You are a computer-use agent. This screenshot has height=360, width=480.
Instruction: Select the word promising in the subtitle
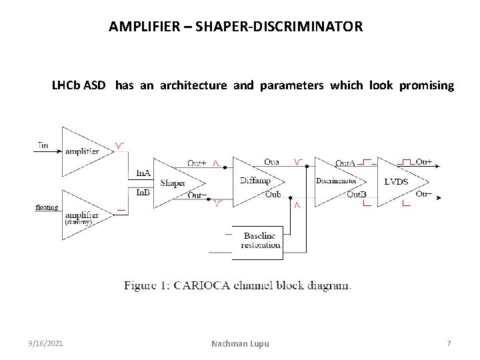pyautogui.click(x=427, y=86)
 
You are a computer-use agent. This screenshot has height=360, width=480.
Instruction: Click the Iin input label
pyautogui.click(x=43, y=145)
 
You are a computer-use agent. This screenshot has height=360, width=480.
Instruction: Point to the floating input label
pyautogui.click(x=47, y=207)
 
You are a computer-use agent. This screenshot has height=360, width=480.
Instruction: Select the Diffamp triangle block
pyautogui.click(x=257, y=180)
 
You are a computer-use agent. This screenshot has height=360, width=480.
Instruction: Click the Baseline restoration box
pyautogui.click(x=261, y=241)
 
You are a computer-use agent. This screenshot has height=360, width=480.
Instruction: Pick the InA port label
pyautogui.click(x=143, y=173)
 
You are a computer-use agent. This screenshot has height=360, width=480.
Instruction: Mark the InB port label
pyautogui.click(x=143, y=192)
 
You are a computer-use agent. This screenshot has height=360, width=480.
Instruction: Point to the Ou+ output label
pyautogui.click(x=423, y=162)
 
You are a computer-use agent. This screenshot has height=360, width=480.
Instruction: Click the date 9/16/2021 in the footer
pyautogui.click(x=47, y=343)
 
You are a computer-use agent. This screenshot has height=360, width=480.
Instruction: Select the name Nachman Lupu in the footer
pyautogui.click(x=241, y=343)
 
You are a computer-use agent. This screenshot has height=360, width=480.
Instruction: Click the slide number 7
pyautogui.click(x=449, y=343)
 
